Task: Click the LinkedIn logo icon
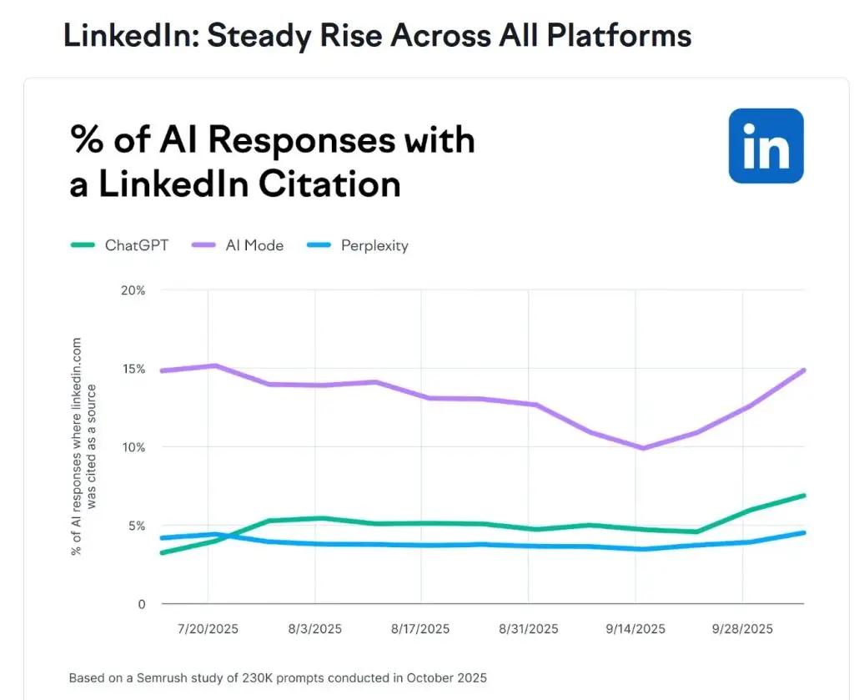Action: click(x=766, y=145)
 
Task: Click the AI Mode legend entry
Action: click(x=239, y=245)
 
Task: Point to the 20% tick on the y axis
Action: click(x=133, y=290)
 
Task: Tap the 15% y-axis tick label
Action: click(x=133, y=369)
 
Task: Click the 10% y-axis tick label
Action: click(x=133, y=447)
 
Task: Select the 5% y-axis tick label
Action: click(x=137, y=526)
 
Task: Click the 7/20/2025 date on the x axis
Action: click(x=208, y=628)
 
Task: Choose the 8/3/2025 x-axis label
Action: click(x=314, y=628)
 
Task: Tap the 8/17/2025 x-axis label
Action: click(x=421, y=628)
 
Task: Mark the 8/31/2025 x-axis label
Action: click(x=528, y=628)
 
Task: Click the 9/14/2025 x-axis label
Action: click(x=635, y=628)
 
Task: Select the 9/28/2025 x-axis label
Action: click(x=742, y=628)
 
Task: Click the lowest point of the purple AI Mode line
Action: click(x=642, y=448)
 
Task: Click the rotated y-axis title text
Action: click(x=83, y=446)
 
